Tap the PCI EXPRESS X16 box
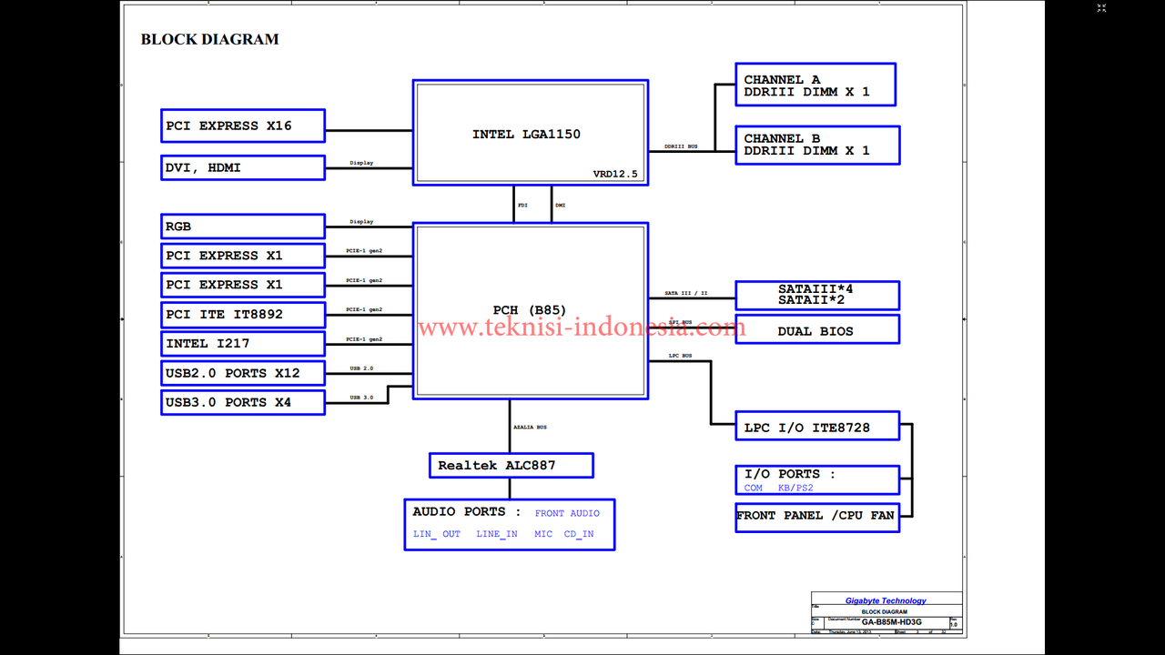243,126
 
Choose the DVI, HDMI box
243,167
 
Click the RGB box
243,227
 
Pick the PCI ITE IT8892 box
243,315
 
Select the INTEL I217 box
243,344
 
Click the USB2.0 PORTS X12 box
243,373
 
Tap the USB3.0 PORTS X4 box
243,402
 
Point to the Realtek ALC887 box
511,466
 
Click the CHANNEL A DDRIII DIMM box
815,85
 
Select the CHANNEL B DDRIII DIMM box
817,145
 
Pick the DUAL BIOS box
816,330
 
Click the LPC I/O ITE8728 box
816,427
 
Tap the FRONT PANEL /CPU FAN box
816,516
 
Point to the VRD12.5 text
616,174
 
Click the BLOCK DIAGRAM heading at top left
209,39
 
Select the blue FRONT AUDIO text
567,514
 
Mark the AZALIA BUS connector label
530,428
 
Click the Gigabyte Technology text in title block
886,600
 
